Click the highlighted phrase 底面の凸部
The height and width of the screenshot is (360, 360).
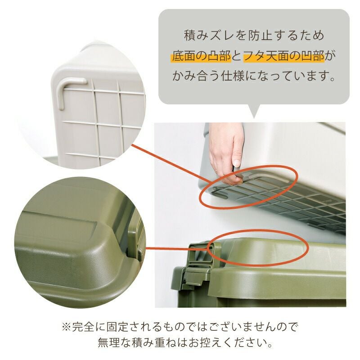(x=201, y=56)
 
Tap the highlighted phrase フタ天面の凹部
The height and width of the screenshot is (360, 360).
(x=284, y=56)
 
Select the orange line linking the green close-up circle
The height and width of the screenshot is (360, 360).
(x=177, y=248)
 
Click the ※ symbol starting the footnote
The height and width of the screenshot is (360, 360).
(x=66, y=327)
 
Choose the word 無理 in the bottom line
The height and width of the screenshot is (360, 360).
(x=109, y=343)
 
